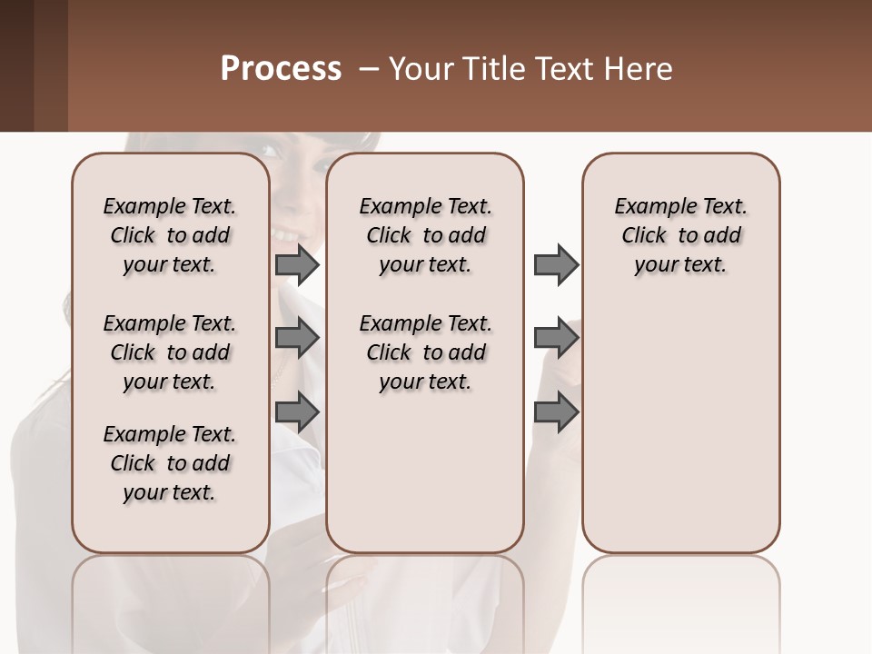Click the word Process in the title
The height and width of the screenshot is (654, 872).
coord(281,69)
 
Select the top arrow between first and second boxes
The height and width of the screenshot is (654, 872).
coord(296,265)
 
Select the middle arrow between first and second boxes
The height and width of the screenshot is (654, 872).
coord(296,339)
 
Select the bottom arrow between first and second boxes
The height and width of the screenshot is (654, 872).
coord(296,412)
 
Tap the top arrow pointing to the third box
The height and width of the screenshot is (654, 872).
coord(556,265)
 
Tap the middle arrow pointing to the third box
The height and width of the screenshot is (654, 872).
coord(556,339)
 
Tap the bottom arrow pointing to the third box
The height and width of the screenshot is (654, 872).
coord(556,412)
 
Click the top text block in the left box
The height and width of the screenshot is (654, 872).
coord(170,235)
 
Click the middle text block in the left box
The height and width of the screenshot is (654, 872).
coord(170,352)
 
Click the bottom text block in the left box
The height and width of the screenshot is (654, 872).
coord(170,463)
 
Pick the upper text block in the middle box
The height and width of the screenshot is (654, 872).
coord(425,235)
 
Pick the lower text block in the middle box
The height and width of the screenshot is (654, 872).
coord(425,352)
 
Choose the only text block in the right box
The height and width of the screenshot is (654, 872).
coord(680,235)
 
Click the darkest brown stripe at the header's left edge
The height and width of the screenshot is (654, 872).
coord(16,65)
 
